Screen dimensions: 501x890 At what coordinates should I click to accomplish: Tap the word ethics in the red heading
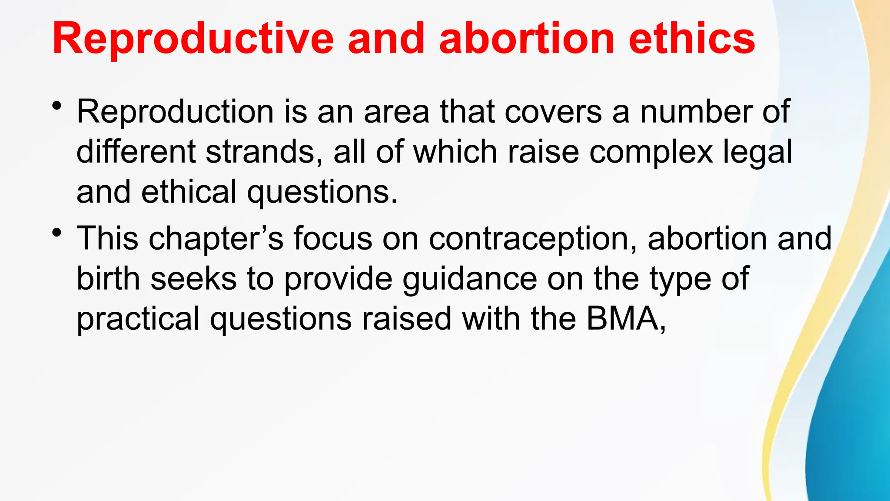[692, 39]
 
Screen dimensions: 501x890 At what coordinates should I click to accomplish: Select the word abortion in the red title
[527, 39]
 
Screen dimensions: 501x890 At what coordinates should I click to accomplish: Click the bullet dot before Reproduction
[56, 106]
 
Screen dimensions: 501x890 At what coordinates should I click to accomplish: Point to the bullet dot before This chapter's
[56, 233]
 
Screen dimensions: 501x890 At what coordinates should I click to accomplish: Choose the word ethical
[189, 192]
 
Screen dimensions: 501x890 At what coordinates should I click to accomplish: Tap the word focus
[333, 239]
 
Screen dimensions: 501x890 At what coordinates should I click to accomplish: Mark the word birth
[108, 279]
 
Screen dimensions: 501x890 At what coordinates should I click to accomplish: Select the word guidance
[470, 279]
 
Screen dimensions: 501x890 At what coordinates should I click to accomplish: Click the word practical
[138, 319]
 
